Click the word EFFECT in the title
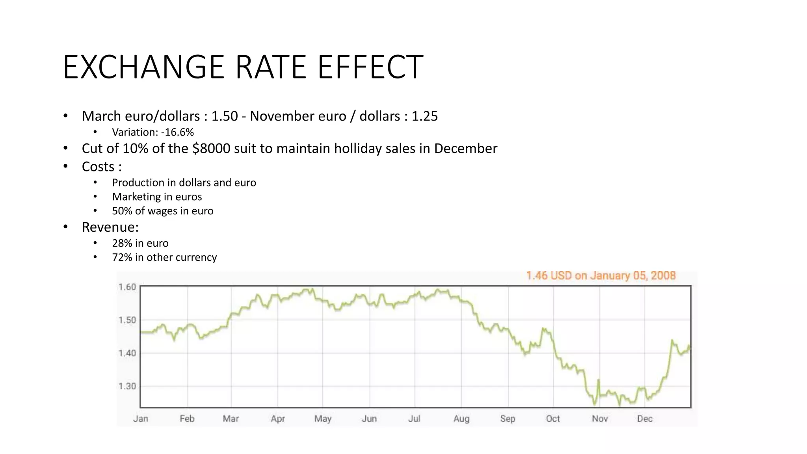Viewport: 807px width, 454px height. (x=370, y=67)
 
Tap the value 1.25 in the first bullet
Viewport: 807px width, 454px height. (x=424, y=116)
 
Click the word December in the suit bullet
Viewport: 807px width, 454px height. (x=465, y=149)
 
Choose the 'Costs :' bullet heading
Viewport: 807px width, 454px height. (x=102, y=167)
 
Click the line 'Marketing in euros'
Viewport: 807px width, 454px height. (x=157, y=197)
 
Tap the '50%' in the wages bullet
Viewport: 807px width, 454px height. (x=122, y=211)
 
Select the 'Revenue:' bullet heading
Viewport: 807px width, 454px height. (x=110, y=227)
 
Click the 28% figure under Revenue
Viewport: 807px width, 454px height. (x=122, y=243)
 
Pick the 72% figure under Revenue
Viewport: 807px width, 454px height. (x=122, y=257)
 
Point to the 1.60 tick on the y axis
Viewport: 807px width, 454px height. (x=127, y=287)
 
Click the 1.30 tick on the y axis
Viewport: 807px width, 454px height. (x=127, y=386)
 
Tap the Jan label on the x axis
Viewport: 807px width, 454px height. (x=141, y=419)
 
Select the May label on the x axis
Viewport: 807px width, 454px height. (x=323, y=419)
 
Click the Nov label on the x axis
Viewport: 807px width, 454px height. (x=600, y=419)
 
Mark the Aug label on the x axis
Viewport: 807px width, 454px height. (x=461, y=419)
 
